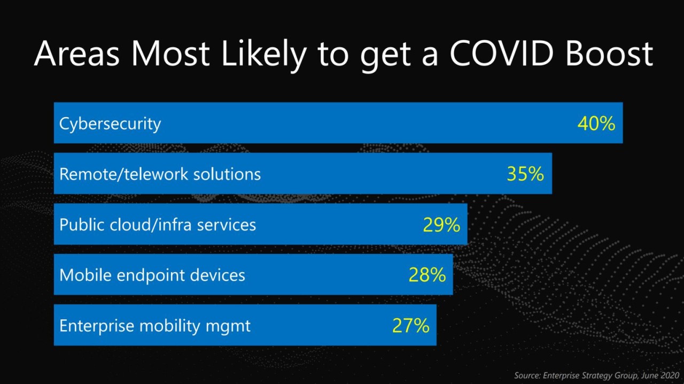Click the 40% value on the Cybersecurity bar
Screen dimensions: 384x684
pos(596,124)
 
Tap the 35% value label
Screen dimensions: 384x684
pos(525,174)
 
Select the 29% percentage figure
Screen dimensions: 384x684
pos(441,225)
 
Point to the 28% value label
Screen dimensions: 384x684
pos(427,275)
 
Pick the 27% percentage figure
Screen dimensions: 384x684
pos(410,326)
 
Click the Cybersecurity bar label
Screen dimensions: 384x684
pos(110,124)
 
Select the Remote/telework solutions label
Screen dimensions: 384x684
pos(160,174)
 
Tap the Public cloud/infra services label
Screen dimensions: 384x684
pos(158,225)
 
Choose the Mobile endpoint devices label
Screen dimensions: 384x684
pos(152,275)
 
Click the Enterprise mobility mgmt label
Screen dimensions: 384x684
pos(155,326)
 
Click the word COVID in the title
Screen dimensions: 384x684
pos(506,53)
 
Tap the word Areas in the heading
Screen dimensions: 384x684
pos(78,53)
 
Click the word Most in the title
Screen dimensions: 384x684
pos(168,53)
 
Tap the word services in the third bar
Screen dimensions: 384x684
pos(227,225)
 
